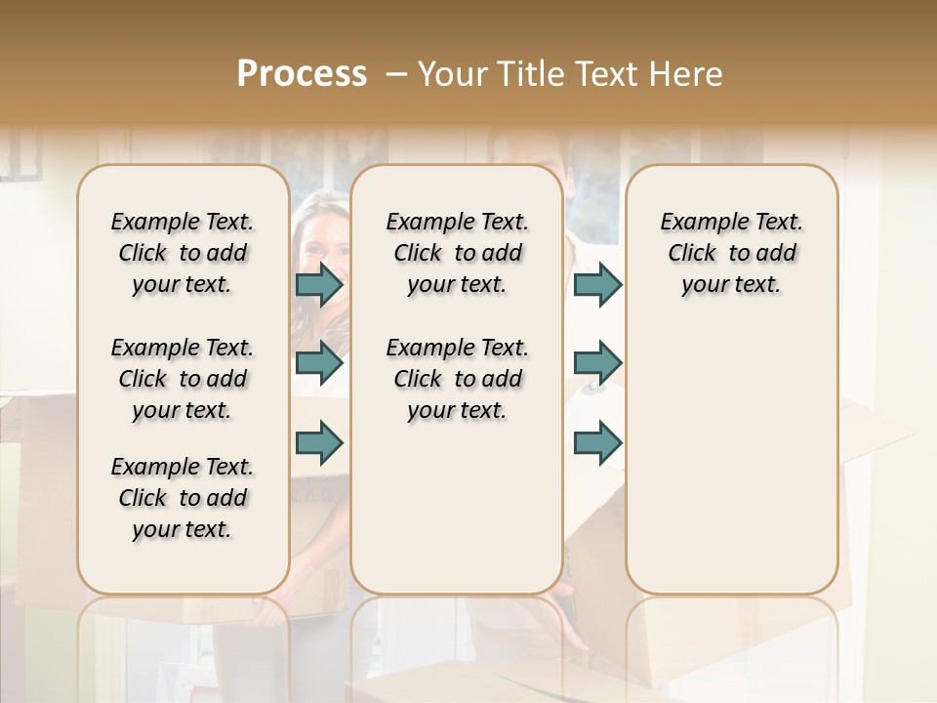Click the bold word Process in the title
pos(302,73)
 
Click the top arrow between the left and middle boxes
pos(319,285)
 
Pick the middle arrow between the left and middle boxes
pos(319,363)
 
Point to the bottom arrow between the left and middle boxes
pos(319,442)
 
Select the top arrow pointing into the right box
pos(597,285)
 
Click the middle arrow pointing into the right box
pos(597,363)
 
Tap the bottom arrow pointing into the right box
pos(597,442)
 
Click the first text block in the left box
pos(183,253)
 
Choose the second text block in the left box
pos(183,379)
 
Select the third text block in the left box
pos(183,498)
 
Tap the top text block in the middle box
pos(458,253)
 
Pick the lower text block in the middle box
pos(458,379)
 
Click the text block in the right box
pos(732,253)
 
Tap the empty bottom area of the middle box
pos(458,517)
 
